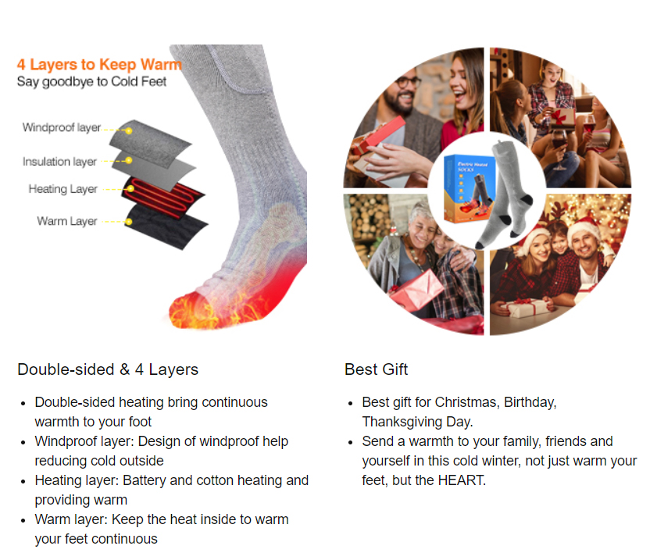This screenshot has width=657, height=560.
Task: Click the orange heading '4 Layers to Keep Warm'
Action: tap(99, 65)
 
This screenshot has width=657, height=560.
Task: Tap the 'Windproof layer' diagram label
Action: tap(62, 127)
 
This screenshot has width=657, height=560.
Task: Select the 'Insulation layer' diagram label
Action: tap(59, 161)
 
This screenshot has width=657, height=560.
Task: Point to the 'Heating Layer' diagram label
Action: tap(62, 189)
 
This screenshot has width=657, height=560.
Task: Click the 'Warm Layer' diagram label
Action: tap(67, 221)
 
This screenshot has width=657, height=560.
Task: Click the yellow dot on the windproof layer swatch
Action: tap(129, 130)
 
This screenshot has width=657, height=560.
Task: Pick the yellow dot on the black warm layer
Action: tap(129, 221)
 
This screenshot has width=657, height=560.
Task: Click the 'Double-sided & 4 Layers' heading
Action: tap(108, 369)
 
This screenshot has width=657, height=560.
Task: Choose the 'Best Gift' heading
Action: tap(376, 369)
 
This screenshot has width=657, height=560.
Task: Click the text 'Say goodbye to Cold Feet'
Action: tap(91, 82)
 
